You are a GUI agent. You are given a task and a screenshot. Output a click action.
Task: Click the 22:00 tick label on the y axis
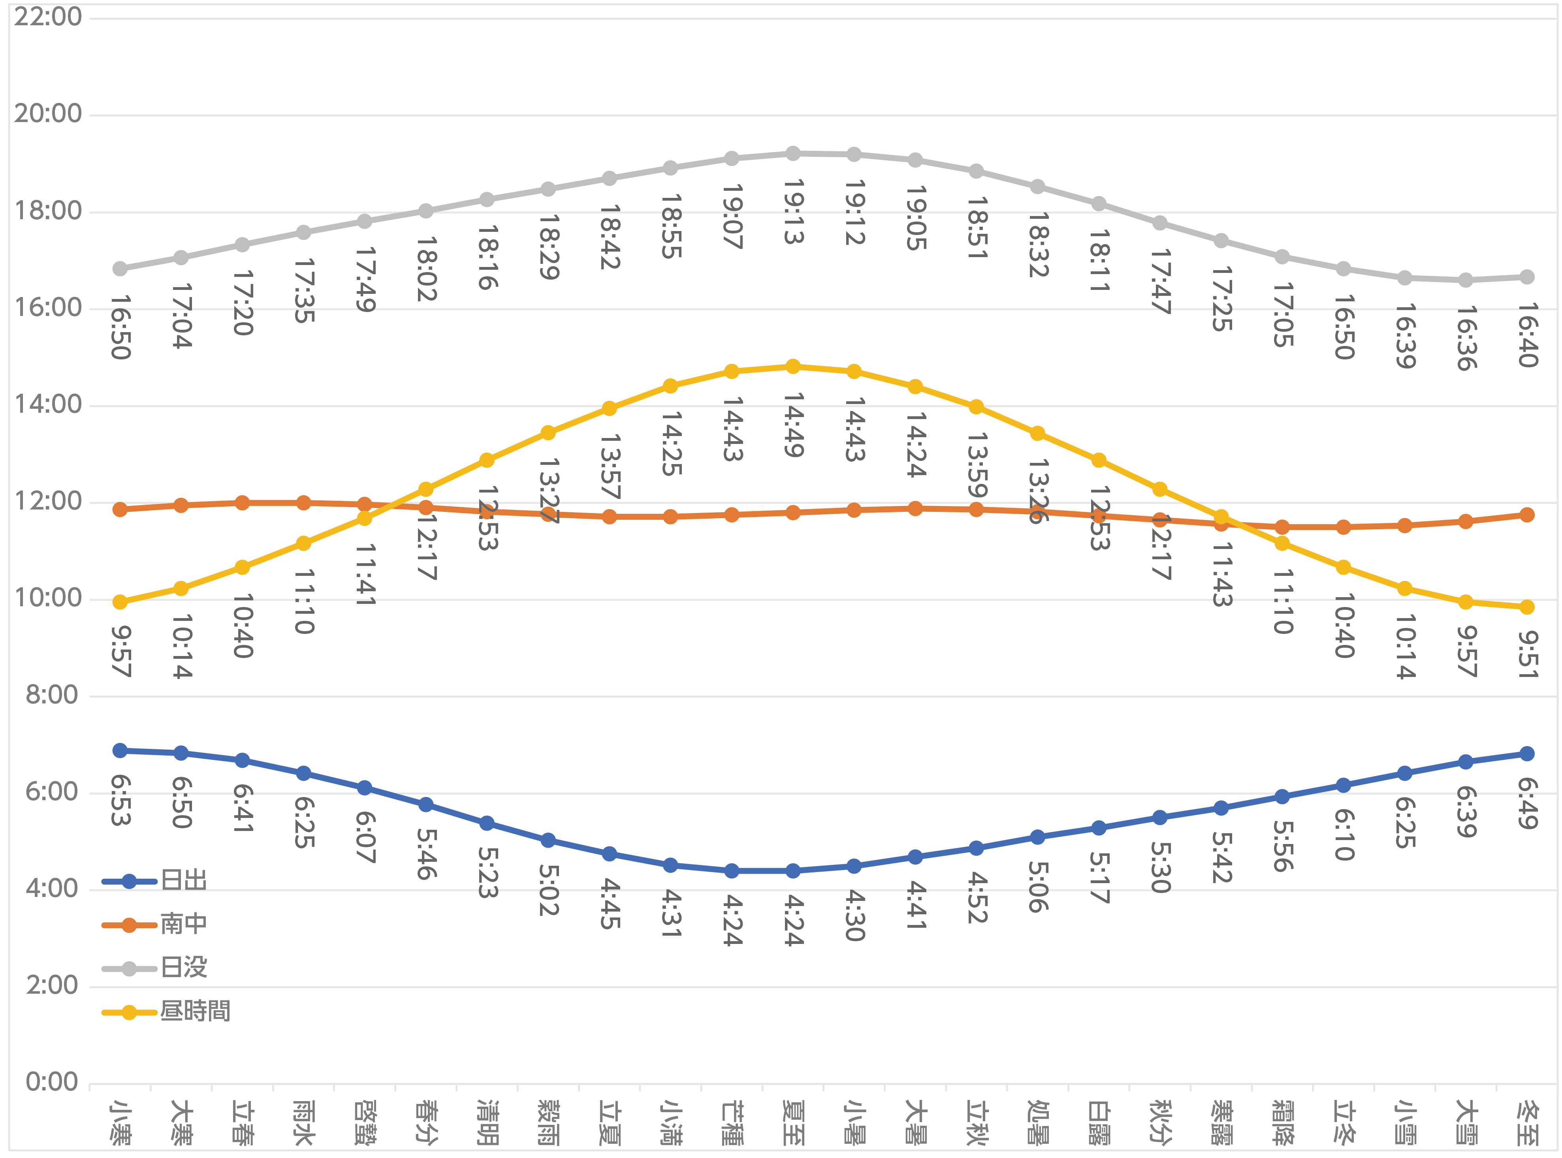(x=48, y=17)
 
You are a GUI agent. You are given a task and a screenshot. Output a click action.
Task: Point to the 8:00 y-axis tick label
(x=52, y=696)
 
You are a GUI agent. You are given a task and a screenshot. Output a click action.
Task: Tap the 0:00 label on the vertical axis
(x=52, y=1082)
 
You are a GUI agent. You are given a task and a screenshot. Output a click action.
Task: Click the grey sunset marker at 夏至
(x=793, y=154)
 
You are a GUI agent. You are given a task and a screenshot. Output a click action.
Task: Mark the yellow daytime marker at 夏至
(x=793, y=367)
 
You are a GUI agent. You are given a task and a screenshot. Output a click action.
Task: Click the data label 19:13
(x=793, y=212)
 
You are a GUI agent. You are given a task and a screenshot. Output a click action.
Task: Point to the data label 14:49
(x=793, y=425)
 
